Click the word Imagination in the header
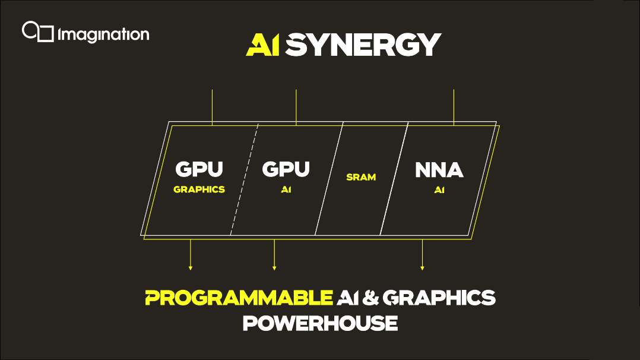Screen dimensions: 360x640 (104, 34)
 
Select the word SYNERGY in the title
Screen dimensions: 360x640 (363, 45)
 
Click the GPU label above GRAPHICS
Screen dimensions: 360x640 (199, 169)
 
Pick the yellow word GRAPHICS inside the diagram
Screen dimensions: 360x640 (199, 190)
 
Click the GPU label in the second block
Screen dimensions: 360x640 (286, 169)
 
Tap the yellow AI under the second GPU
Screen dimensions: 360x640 (286, 190)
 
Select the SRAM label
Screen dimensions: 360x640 (361, 177)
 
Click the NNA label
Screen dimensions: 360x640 (439, 170)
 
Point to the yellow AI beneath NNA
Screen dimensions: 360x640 (439, 190)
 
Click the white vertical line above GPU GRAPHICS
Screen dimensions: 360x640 (212, 107)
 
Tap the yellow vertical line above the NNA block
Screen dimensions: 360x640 (454, 107)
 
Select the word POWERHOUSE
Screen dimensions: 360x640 (320, 323)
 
